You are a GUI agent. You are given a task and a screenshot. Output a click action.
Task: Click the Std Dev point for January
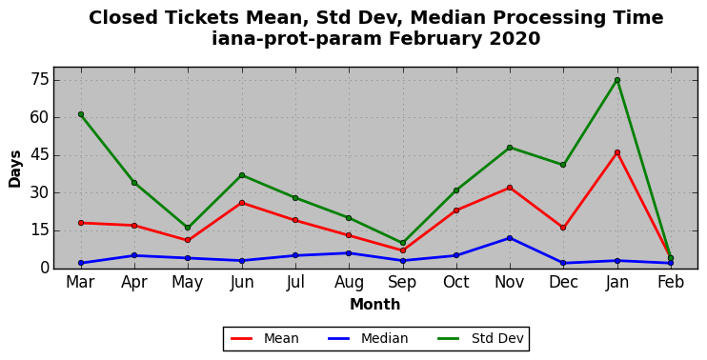[617, 80]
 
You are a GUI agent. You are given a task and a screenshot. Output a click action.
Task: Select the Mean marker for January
[617, 152]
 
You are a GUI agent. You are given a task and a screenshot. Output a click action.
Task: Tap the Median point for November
[510, 238]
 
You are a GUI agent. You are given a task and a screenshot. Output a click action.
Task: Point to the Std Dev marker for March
[81, 114]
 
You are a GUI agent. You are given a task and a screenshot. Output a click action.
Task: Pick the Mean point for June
[242, 203]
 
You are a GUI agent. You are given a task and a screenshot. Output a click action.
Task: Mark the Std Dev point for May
[188, 228]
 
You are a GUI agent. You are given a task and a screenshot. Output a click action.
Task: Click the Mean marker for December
[563, 228]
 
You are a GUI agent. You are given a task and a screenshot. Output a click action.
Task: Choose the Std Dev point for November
[510, 148]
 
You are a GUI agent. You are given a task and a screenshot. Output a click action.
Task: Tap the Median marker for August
[349, 253]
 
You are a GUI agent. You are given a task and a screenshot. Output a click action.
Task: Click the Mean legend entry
[265, 338]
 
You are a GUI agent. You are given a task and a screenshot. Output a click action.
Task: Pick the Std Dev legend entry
[480, 338]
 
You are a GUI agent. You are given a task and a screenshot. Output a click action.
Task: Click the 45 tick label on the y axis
[38, 155]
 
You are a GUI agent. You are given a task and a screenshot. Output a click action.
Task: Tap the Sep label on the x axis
[402, 283]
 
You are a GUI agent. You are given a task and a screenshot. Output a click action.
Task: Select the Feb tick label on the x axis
[671, 283]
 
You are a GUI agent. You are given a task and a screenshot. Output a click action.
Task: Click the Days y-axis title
[15, 169]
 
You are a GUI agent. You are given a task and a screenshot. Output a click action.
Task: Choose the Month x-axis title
[375, 305]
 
